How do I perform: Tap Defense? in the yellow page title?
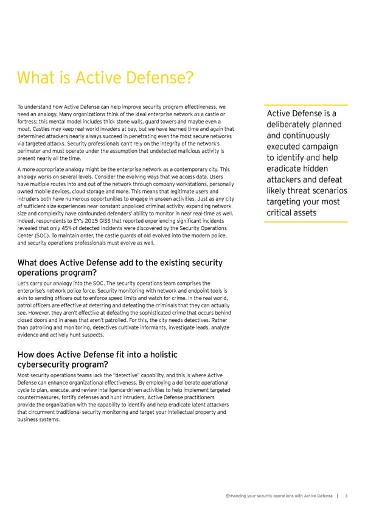[x=163, y=77]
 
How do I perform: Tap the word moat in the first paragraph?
[x=26, y=129]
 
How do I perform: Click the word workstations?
[x=182, y=175]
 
